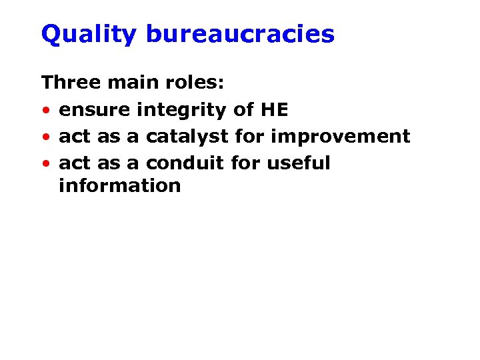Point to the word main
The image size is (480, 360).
click(x=125, y=83)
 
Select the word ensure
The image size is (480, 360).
click(x=94, y=110)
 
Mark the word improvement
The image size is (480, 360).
click(x=341, y=137)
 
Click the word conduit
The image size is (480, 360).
click(x=185, y=163)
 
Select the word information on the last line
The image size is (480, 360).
click(x=119, y=185)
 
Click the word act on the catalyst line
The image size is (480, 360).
click(x=75, y=137)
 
